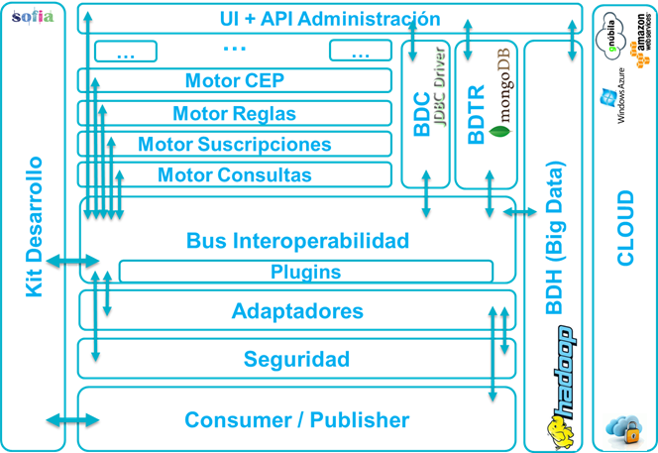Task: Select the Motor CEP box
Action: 233,80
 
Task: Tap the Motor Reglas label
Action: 234,113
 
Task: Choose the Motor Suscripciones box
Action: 234,145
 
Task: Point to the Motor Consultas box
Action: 234,175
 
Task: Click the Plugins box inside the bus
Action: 305,272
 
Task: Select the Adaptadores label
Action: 297,311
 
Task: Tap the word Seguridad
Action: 296,359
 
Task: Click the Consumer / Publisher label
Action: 296,420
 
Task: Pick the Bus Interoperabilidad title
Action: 297,240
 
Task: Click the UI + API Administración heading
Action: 329,19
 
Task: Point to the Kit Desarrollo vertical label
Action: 36,228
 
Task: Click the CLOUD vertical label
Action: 625,229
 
